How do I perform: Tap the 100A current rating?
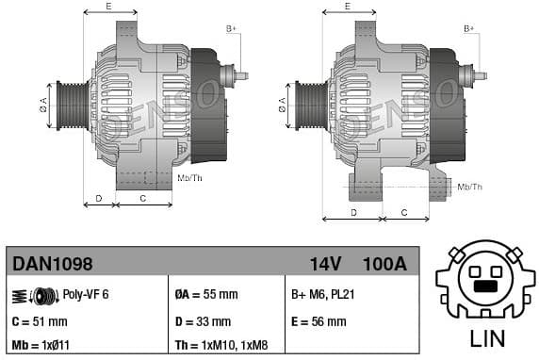click(x=384, y=264)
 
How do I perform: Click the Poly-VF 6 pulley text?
click(x=86, y=295)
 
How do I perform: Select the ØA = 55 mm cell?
click(x=206, y=295)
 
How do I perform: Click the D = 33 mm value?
click(x=203, y=321)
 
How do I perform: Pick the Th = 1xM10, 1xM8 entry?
click(x=225, y=346)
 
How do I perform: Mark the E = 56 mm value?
click(x=318, y=321)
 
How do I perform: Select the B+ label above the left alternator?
click(x=231, y=29)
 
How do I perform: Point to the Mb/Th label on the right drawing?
click(x=468, y=187)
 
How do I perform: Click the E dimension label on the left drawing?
click(x=109, y=7)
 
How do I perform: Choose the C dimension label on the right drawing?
click(x=402, y=213)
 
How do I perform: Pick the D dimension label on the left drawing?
click(x=99, y=198)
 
